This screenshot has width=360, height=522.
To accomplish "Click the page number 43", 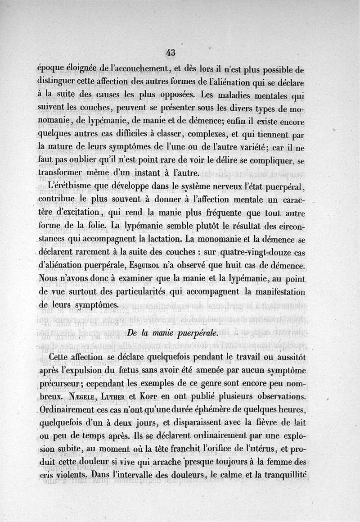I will click(x=170, y=52).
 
